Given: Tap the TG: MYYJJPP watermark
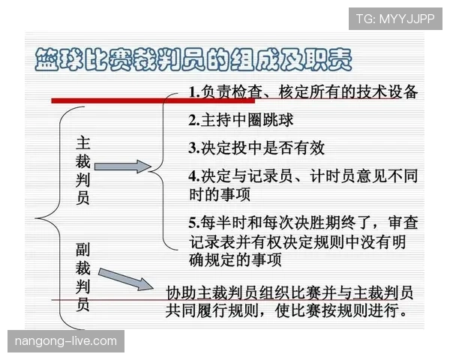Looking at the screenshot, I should pos(394,18).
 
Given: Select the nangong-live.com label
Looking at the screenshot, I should pos(66,341).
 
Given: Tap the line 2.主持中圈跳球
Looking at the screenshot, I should pos(240,120).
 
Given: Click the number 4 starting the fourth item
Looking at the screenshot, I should pos(193,175).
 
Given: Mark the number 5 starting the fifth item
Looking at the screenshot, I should pos(193,223).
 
